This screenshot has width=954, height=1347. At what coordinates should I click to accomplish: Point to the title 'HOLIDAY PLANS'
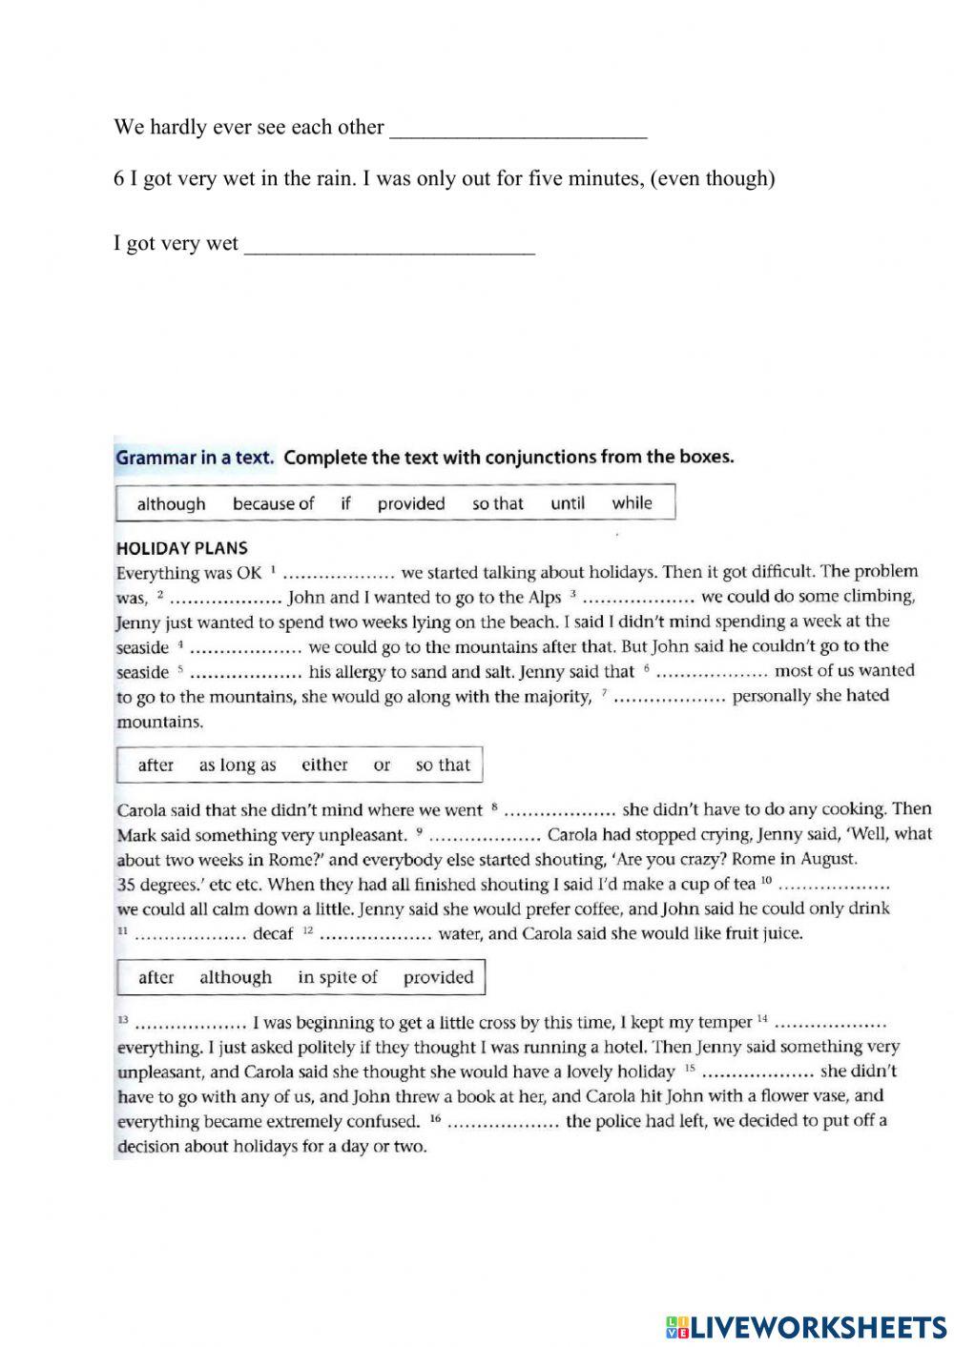pyautogui.click(x=181, y=548)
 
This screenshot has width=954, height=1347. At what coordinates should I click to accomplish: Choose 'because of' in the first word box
pyautogui.click(x=273, y=503)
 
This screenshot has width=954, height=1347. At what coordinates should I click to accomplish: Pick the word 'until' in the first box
pyautogui.click(x=568, y=503)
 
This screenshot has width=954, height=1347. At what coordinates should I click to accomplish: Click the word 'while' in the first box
pyautogui.click(x=633, y=502)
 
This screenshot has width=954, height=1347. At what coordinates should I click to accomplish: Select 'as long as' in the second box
pyautogui.click(x=238, y=765)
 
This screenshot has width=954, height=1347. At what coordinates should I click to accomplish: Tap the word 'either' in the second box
pyautogui.click(x=324, y=765)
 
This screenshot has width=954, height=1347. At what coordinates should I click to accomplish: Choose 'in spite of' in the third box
pyautogui.click(x=338, y=977)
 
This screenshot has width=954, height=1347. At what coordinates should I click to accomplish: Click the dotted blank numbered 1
pyautogui.click(x=340, y=574)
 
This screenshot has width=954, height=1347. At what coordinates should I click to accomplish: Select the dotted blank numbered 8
pyautogui.click(x=559, y=812)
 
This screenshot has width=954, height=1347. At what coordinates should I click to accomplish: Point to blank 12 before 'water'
pyautogui.click(x=376, y=935)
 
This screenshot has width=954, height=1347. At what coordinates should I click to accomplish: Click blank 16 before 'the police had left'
pyautogui.click(x=503, y=1123)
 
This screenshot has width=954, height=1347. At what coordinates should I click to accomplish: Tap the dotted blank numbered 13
pyautogui.click(x=191, y=1025)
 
